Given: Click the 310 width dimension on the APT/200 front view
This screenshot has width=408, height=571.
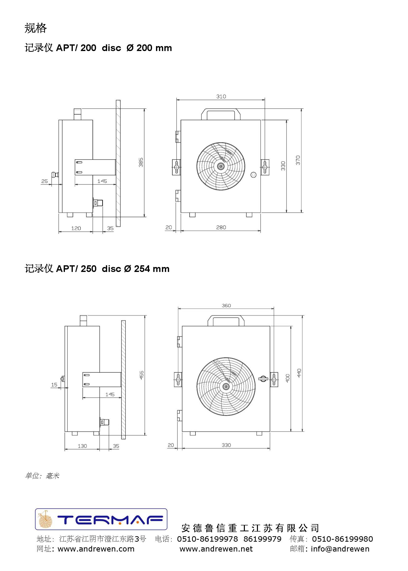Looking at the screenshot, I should (221, 97).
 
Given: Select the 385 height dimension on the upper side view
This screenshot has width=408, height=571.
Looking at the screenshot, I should (141, 162).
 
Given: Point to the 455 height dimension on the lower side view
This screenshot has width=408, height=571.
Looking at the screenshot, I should (141, 375).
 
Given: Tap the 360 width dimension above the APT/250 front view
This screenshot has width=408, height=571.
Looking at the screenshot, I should (226, 305).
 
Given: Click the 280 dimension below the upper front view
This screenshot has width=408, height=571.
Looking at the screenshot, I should (221, 227).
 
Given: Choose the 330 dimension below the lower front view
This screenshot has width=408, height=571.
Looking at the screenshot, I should (226, 445).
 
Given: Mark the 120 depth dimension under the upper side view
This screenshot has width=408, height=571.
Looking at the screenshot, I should (76, 228).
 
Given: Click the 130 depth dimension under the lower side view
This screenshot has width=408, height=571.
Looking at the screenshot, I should (82, 446).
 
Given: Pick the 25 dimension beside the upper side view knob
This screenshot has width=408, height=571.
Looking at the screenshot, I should (44, 181).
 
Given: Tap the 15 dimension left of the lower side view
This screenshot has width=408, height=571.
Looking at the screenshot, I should (54, 385).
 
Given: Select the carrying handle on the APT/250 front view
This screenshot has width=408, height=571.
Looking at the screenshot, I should (226, 317).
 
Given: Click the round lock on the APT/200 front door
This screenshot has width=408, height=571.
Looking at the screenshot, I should (253, 175).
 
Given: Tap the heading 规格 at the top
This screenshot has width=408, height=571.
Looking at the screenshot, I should (36, 28).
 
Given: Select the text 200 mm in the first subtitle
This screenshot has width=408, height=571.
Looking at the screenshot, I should (154, 48).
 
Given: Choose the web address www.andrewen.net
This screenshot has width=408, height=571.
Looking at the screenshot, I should (216, 549).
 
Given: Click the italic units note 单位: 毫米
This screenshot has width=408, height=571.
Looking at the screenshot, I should (42, 476).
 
